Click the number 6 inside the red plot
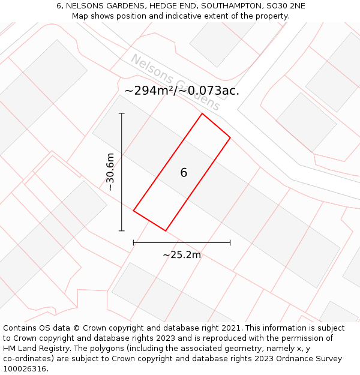pos(184,173)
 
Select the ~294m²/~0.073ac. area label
pos(182,91)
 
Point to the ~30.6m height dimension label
pos(110,172)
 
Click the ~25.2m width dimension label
pos(182,255)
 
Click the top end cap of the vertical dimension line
pos(122,113)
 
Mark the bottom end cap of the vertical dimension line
pos(122,230)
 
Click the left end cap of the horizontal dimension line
pos(133,242)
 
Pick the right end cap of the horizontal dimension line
pos(230,242)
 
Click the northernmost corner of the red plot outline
pos(202,113)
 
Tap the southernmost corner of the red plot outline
pos(165,230)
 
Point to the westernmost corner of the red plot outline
pos(133,211)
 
